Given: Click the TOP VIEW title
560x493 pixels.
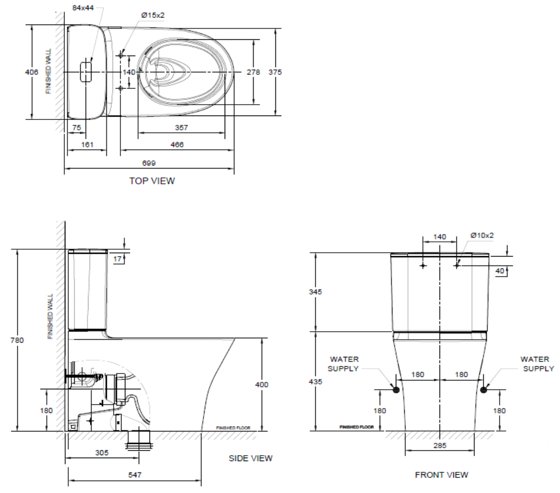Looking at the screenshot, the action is click(152, 181).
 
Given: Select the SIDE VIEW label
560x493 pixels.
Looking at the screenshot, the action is click(250, 459).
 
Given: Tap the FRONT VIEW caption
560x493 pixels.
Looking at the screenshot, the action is click(442, 475).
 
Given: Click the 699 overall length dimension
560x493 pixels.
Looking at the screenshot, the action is click(149, 163).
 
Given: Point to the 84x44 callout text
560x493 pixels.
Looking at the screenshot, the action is click(83, 7).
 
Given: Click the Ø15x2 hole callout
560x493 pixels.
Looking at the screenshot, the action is click(153, 15).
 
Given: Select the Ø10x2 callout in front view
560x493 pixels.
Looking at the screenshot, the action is click(482, 235).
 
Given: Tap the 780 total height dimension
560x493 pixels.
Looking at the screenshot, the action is click(17, 340).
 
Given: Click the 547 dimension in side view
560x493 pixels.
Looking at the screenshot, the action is click(135, 475).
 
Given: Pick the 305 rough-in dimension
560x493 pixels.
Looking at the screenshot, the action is click(102, 453).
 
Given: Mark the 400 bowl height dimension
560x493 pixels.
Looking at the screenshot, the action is click(262, 384).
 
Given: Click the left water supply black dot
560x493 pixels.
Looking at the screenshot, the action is click(396, 390).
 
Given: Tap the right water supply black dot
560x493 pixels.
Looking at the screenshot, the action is click(484, 390).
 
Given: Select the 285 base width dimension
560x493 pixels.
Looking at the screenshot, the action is click(440, 445).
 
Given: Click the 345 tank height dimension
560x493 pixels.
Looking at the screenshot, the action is click(315, 291).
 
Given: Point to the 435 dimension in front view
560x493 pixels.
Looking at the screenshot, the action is click(315, 381).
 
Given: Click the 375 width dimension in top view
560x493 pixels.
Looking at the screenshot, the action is click(275, 72).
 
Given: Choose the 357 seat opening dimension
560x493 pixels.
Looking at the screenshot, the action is click(181, 127).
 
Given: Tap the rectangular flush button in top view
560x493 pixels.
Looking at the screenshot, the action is click(86, 72).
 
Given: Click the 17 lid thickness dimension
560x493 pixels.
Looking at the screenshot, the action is click(118, 259).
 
